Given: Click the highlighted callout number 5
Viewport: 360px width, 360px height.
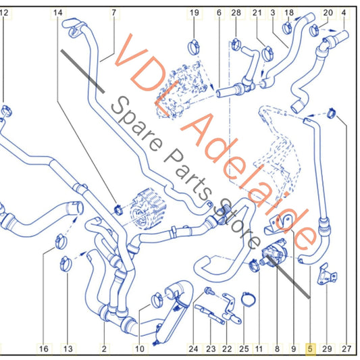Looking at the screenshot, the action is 310,349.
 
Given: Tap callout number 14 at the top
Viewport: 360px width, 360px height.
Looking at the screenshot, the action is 57,13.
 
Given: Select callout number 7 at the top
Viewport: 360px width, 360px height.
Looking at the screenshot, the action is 114,13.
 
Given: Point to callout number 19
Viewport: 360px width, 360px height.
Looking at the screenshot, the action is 194,13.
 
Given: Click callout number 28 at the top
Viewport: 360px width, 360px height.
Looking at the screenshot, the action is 236,13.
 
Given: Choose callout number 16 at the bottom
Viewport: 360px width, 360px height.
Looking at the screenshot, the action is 44,349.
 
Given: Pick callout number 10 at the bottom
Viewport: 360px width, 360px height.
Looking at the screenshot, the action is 139,349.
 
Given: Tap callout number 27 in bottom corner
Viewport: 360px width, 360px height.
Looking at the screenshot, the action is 346,349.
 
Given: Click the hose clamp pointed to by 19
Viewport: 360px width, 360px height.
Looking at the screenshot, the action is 194,47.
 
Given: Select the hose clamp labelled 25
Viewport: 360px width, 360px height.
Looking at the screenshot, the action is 248,299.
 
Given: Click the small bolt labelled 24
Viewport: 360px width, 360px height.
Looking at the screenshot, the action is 209,291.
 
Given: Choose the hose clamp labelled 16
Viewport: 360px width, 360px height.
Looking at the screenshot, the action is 61,242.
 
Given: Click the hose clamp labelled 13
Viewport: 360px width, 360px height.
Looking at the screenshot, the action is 66,263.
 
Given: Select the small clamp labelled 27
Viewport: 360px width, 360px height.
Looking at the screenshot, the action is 332,113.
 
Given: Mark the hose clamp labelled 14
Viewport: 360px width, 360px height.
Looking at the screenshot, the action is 118,209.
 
